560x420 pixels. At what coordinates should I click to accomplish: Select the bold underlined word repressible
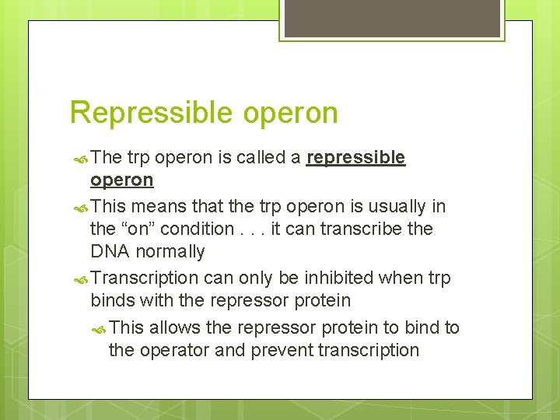point(355,158)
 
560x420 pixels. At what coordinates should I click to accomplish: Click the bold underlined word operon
point(122,180)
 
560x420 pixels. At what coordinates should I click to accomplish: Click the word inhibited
point(346,278)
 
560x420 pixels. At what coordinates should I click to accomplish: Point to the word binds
point(112,300)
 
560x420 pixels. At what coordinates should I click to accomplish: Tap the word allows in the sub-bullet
point(177,327)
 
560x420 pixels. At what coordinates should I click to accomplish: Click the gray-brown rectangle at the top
point(392,18)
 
